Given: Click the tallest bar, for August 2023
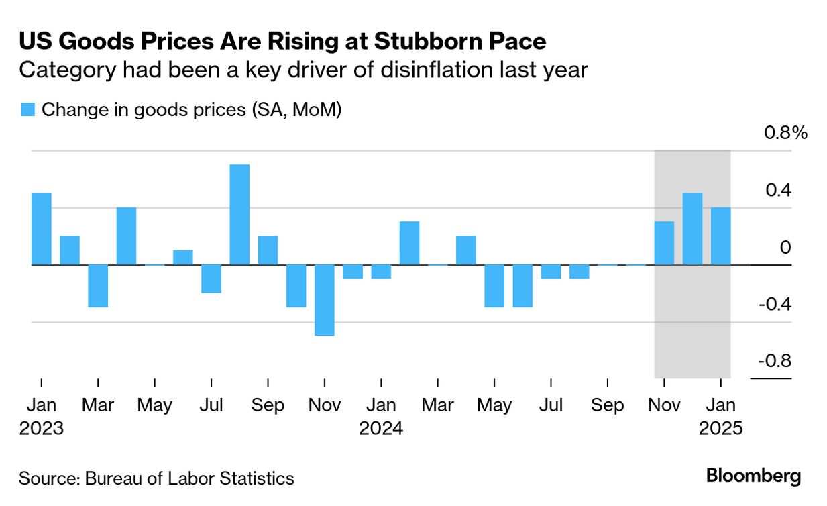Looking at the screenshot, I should pos(239,215).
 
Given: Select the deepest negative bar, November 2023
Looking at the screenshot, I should pos(325,300).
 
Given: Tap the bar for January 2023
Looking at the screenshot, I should pos(42,229).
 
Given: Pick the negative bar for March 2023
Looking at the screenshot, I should pos(98,286).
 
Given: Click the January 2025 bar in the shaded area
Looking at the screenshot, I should pos(721,236).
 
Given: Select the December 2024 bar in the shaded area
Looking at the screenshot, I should pos(693,229).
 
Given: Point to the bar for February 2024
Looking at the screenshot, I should pos(410,243).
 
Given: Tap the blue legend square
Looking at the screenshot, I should pos(27,110).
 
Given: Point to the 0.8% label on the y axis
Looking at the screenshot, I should pos(786,133).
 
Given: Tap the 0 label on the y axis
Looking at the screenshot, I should pos(785,247).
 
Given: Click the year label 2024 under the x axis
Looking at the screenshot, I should pos(381,428).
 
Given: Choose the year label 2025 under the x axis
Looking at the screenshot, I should pos(720,428).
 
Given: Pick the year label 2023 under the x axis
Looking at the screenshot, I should pos(42,428).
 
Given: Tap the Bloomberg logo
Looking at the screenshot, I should pos(753,476).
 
